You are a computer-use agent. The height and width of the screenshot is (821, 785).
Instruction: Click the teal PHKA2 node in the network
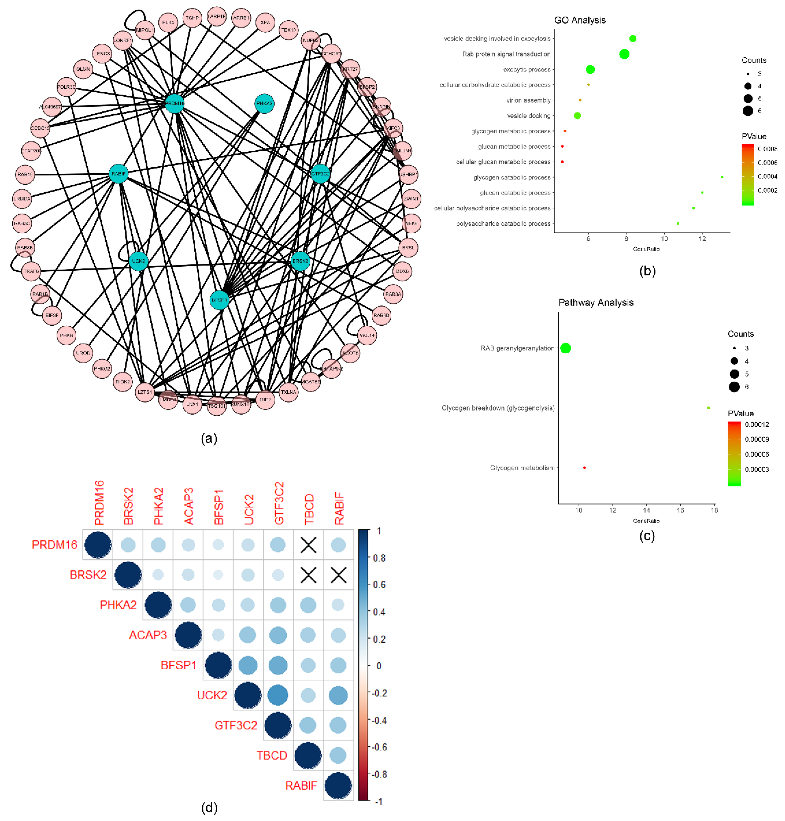point(264,103)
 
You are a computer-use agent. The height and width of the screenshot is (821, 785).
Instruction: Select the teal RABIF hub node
point(118,174)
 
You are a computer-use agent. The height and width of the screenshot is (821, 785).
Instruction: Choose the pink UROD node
point(83,353)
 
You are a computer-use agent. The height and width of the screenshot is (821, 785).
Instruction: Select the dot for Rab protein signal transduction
point(624,54)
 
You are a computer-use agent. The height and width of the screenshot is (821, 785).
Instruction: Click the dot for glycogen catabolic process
point(722,177)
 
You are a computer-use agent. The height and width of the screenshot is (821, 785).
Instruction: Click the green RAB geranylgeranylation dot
point(565,348)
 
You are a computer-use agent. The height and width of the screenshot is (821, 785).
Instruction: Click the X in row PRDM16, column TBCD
point(308,545)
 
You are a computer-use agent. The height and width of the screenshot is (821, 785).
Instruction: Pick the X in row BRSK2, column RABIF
point(339,575)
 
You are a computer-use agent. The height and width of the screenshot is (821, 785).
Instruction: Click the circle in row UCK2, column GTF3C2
point(278,695)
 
